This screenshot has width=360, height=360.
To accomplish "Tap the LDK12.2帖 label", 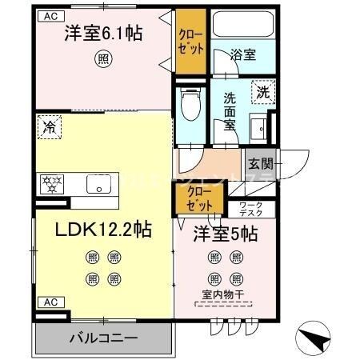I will point(103,230).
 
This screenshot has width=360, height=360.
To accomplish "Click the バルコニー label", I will point(102,336).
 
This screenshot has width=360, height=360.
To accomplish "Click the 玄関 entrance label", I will point(260,165).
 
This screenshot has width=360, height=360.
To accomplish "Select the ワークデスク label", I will point(256,210).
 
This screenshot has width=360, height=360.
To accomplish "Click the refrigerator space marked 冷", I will point(50,126).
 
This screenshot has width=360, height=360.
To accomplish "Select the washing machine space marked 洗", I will point(263,92).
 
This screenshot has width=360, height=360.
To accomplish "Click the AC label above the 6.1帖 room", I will point(50,15).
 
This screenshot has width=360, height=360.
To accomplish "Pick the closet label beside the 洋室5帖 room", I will point(200,198).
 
